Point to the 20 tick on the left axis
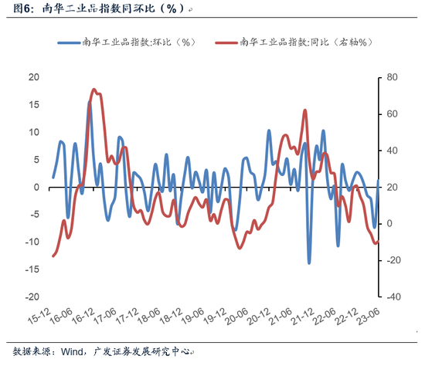point(33,77)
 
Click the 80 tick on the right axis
point(392,77)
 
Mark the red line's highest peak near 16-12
point(94,90)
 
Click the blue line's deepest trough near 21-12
point(309,263)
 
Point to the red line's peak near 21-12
point(304,110)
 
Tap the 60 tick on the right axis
point(392,114)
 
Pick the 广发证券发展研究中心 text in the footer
point(144,351)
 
